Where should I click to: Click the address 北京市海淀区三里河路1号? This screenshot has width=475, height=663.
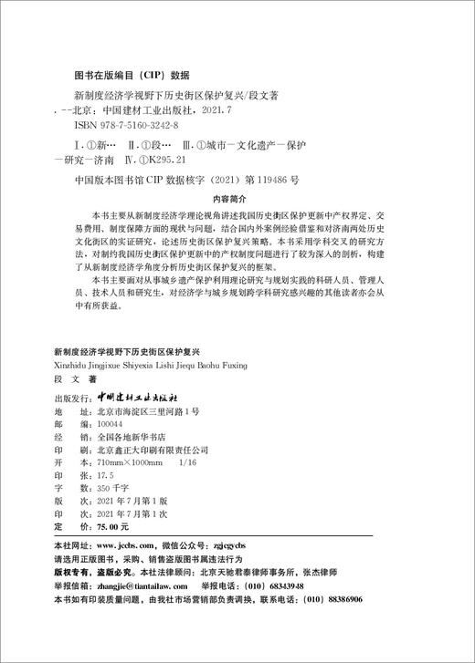point(146,386)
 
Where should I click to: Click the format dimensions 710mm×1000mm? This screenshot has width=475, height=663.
point(127,437)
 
